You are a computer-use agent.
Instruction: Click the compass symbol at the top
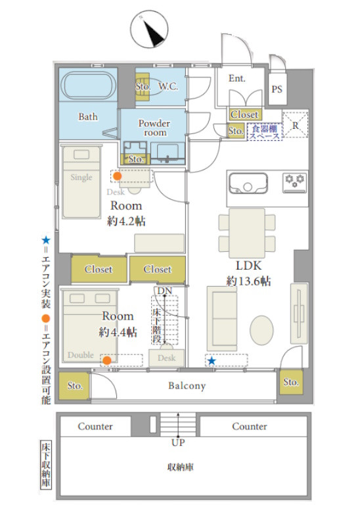(x=149, y=29)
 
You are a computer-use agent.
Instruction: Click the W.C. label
(x=168, y=87)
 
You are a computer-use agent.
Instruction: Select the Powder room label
(x=154, y=128)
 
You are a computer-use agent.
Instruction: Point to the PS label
(x=277, y=89)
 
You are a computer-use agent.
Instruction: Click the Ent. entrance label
(x=237, y=78)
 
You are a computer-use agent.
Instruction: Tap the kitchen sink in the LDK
(x=248, y=183)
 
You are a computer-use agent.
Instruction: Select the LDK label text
(x=248, y=266)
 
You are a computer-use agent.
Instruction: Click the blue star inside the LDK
(x=212, y=361)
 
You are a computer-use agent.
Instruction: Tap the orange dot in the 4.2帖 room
(x=117, y=176)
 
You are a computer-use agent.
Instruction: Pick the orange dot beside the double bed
(x=107, y=360)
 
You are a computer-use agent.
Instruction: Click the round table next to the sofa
(x=261, y=331)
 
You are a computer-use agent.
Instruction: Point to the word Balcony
(x=187, y=386)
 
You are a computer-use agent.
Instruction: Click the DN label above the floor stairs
(x=165, y=291)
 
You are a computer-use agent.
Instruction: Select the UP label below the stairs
(x=178, y=442)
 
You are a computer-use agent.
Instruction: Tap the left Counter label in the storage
(x=95, y=426)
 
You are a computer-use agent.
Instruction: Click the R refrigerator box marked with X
(x=295, y=125)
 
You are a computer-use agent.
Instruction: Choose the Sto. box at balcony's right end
(x=291, y=382)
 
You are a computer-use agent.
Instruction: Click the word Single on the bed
(x=81, y=178)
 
